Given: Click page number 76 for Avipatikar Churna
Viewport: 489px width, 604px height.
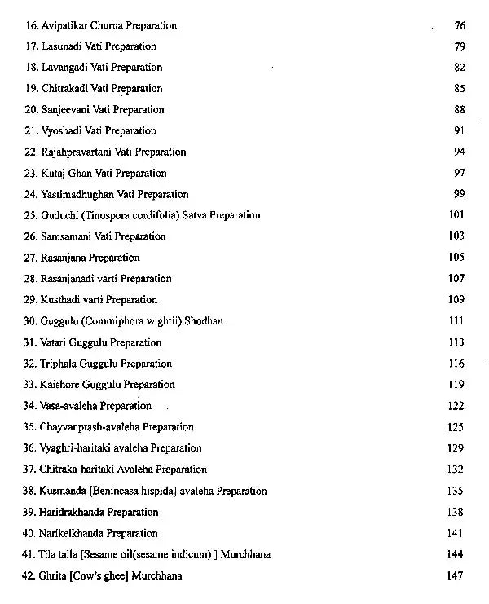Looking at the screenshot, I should pyautogui.click(x=460, y=26).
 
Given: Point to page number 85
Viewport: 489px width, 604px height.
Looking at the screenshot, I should pyautogui.click(x=460, y=89).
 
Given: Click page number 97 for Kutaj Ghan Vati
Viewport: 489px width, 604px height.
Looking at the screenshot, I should pyautogui.click(x=460, y=174).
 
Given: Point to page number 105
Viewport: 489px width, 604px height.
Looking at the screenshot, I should pyautogui.click(x=456, y=258).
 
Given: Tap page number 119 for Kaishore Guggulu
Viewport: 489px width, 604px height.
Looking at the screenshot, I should pyautogui.click(x=456, y=385).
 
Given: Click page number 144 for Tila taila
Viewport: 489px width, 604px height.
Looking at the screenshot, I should pyautogui.click(x=456, y=554).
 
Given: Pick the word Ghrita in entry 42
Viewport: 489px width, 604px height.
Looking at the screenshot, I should pyautogui.click(x=54, y=575).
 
